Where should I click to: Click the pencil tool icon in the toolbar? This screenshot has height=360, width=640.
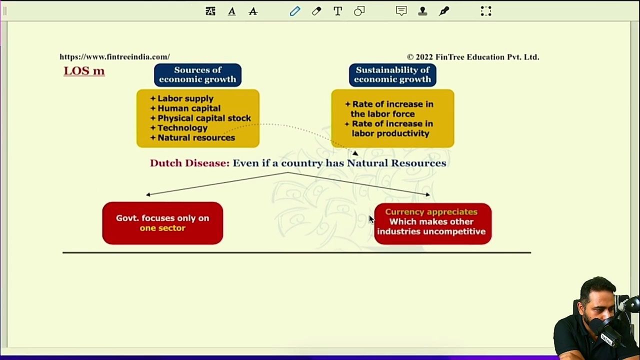point(295,11)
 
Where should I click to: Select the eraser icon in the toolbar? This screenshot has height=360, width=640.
point(316,11)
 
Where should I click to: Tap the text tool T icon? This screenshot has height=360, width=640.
point(337,11)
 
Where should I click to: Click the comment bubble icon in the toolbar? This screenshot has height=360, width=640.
point(401,11)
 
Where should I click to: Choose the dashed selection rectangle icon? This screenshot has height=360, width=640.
point(486,11)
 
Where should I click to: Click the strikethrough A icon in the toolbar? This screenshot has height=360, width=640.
point(253,11)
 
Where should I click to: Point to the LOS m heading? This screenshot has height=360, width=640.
point(84,71)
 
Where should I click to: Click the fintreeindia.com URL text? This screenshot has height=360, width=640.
point(114,57)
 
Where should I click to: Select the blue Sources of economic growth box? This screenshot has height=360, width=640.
point(197,75)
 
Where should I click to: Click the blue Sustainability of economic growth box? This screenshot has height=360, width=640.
point(392,75)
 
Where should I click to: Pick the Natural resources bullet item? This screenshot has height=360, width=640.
point(193,137)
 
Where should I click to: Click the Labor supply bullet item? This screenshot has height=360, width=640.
point(182,98)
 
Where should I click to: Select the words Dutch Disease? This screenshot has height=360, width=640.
point(189,163)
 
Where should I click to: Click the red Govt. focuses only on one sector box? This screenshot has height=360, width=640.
point(162,223)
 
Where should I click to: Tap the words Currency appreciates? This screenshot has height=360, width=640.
point(431,212)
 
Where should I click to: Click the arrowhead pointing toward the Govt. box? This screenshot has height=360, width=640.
point(148,195)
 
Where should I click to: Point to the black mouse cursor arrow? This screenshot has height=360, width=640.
point(371,219)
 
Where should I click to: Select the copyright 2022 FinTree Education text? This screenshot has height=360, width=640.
point(473,57)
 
